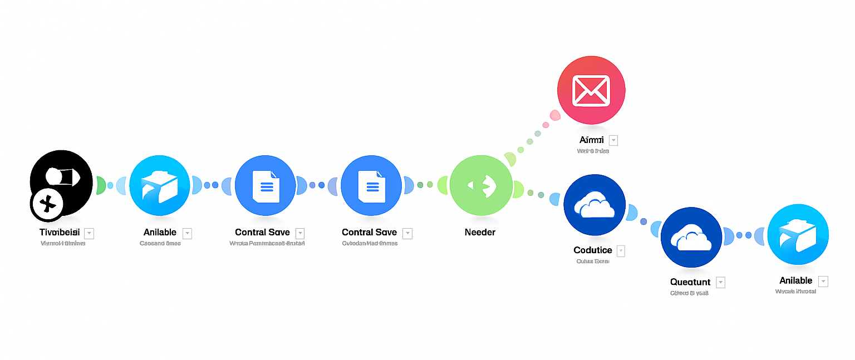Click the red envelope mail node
click(x=591, y=90)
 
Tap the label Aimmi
click(x=591, y=140)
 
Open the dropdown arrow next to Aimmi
click(x=613, y=140)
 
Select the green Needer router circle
click(x=480, y=185)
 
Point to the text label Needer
click(x=480, y=232)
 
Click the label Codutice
click(x=592, y=250)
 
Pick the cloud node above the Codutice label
click(x=594, y=205)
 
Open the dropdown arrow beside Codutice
click(x=621, y=251)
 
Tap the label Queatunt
click(x=690, y=282)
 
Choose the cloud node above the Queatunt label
click(x=691, y=238)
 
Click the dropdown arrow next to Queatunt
click(x=721, y=283)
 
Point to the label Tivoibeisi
click(x=60, y=232)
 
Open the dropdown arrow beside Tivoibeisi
click(x=89, y=233)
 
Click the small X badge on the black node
click(x=48, y=204)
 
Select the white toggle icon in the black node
click(x=61, y=177)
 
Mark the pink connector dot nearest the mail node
click(x=555, y=116)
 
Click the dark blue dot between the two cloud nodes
click(x=644, y=221)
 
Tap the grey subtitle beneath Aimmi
click(x=593, y=151)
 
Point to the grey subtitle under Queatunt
click(x=689, y=293)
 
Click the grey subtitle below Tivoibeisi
click(x=63, y=243)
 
